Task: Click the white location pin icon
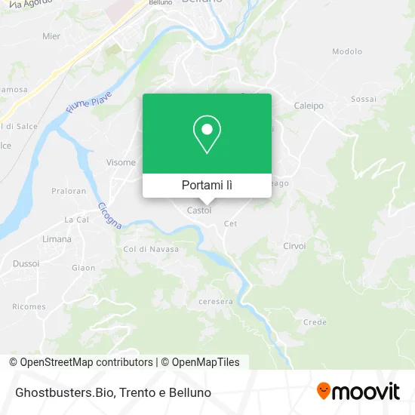point(207,135)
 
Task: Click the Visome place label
point(121,162)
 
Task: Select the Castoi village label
point(199,211)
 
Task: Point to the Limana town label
point(57,239)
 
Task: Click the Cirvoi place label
point(294,246)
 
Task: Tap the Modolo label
point(347,51)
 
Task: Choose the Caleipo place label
point(309,106)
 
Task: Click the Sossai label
point(363,99)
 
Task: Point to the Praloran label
point(69,191)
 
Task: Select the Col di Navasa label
point(151,249)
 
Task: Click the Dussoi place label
point(26,264)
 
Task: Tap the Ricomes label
point(29,307)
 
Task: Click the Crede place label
point(315,321)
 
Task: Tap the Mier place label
point(51,35)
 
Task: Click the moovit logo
point(358,392)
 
